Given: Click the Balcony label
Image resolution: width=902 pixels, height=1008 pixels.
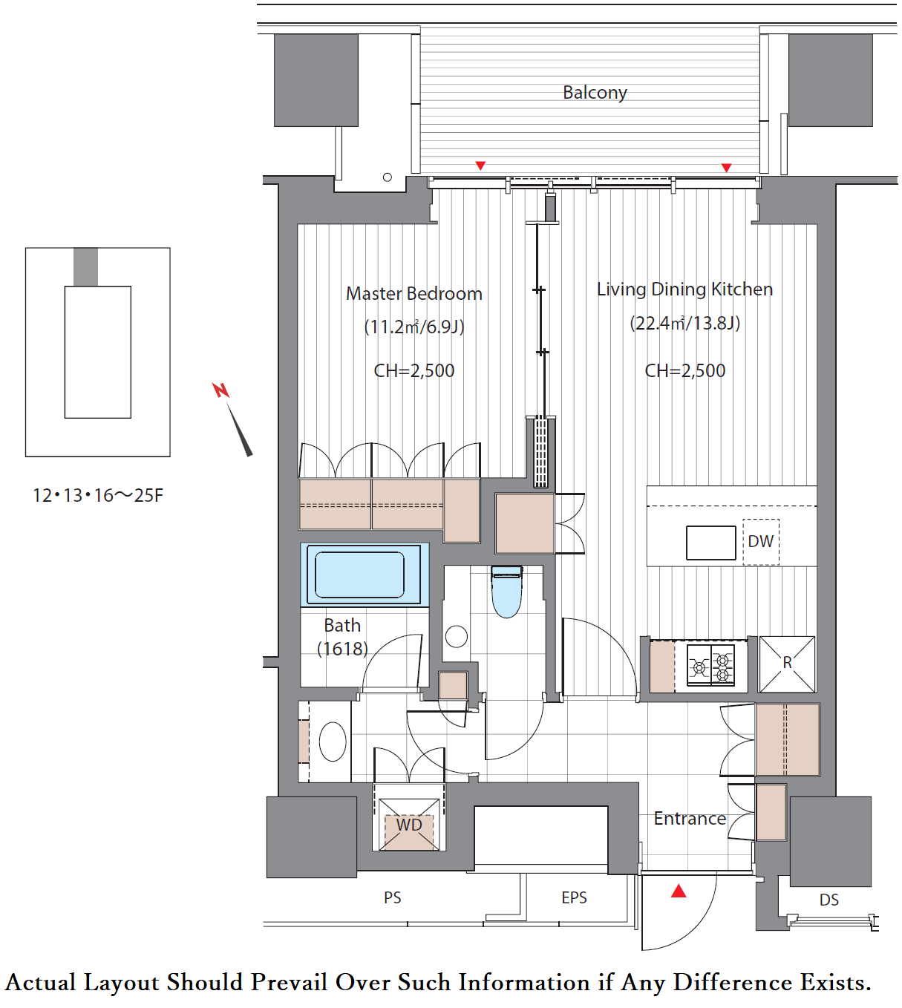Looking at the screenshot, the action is pyautogui.click(x=595, y=93).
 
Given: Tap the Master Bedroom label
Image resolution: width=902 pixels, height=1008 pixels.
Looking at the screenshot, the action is pyautogui.click(x=414, y=293).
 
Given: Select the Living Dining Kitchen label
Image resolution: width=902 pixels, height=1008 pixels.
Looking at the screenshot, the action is pyautogui.click(x=684, y=289).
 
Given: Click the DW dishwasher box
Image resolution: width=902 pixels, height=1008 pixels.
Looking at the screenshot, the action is pyautogui.click(x=761, y=542).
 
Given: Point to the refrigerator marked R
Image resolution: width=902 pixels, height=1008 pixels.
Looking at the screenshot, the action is pyautogui.click(x=787, y=664).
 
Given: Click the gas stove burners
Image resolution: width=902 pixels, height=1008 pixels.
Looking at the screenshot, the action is pyautogui.click(x=711, y=665).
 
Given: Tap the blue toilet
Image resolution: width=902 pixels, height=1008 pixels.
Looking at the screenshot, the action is pyautogui.click(x=507, y=592).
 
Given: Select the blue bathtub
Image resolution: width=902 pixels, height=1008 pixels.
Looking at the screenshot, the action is pyautogui.click(x=365, y=575).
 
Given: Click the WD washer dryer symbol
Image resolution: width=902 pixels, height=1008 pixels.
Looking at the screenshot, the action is pyautogui.click(x=409, y=825).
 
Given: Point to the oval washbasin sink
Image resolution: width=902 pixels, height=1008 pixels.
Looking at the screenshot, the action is pyautogui.click(x=333, y=742).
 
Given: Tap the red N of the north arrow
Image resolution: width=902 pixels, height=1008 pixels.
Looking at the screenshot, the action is pyautogui.click(x=220, y=390).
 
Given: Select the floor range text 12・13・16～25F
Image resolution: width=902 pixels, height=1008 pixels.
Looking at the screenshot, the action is pyautogui.click(x=98, y=495).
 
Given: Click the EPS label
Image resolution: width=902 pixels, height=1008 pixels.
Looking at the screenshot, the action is pyautogui.click(x=574, y=897).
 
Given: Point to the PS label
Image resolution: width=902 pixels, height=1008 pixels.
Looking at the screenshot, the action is pyautogui.click(x=392, y=897).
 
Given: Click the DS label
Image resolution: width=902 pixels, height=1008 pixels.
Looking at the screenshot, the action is pyautogui.click(x=829, y=900).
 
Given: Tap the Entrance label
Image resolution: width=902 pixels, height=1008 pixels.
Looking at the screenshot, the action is pyautogui.click(x=690, y=819).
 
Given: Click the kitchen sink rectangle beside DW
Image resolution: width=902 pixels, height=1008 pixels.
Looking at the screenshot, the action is pyautogui.click(x=711, y=543).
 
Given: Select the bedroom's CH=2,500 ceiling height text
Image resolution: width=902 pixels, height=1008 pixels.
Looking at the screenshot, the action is pyautogui.click(x=414, y=370).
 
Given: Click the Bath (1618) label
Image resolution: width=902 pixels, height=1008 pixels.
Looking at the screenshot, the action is pyautogui.click(x=342, y=637).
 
